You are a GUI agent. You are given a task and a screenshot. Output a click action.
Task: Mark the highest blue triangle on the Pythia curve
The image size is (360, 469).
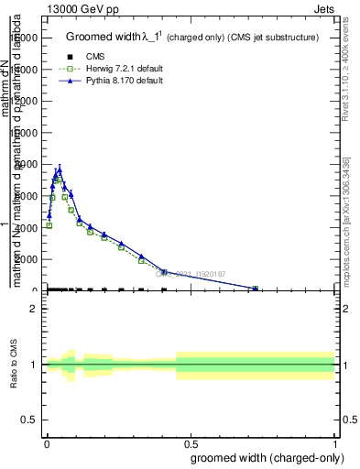59,169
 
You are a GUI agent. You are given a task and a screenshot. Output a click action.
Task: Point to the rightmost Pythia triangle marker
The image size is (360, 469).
256,288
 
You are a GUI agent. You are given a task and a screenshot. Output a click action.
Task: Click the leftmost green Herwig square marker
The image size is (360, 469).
49,225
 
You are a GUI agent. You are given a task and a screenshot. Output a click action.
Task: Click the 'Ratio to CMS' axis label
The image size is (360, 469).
14,365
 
